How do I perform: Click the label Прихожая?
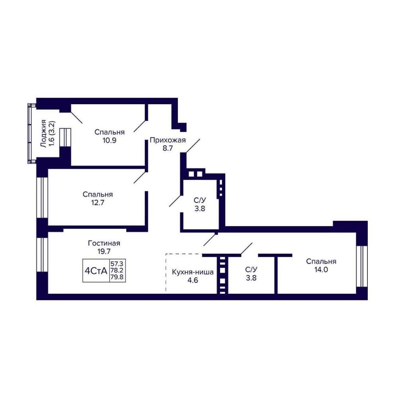coord(168,140)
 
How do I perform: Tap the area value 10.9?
coord(109,140)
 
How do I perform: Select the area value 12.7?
coord(98,203)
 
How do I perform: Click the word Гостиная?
coord(104,243)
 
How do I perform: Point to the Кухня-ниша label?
coord(193,272)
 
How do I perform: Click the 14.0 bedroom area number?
coord(321,269)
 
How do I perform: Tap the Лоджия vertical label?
coord(44,133)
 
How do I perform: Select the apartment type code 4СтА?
coord(96,271)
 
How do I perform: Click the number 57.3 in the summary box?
coord(117,264)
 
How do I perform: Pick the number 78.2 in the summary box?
coord(117,271)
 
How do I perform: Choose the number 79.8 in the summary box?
coord(117,277)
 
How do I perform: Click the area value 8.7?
coord(168,148)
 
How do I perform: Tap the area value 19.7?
coord(104,252)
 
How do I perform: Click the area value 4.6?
coord(193,281)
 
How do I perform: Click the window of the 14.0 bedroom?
coord(362,266)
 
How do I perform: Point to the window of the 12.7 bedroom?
coord(42,197)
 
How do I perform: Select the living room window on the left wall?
coord(42,255)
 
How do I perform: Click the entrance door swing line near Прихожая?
coord(193,146)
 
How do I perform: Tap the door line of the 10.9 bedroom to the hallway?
coord(140,126)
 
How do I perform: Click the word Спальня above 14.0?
coord(321,261)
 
